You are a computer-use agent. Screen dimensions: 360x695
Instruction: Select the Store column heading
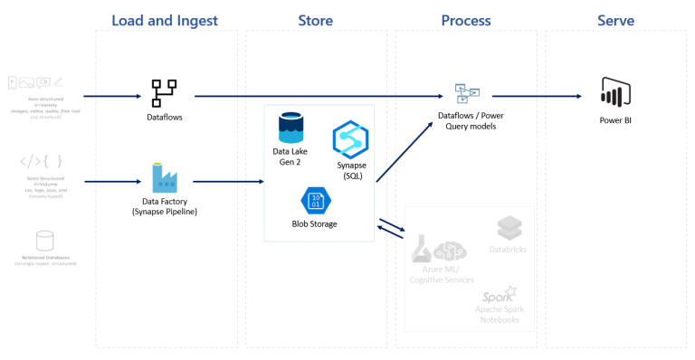click(315, 20)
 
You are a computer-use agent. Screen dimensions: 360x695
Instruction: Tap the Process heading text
click(465, 20)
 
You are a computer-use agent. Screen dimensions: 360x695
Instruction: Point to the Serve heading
click(615, 20)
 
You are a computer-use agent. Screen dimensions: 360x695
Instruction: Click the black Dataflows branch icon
click(164, 92)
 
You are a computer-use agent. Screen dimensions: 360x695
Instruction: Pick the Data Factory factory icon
click(165, 177)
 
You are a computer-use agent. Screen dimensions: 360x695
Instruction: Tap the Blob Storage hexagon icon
click(314, 200)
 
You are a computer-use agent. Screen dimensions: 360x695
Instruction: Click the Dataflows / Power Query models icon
click(467, 93)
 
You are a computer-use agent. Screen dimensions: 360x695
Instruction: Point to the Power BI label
click(615, 118)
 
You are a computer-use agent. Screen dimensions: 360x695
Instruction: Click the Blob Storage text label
click(314, 223)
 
